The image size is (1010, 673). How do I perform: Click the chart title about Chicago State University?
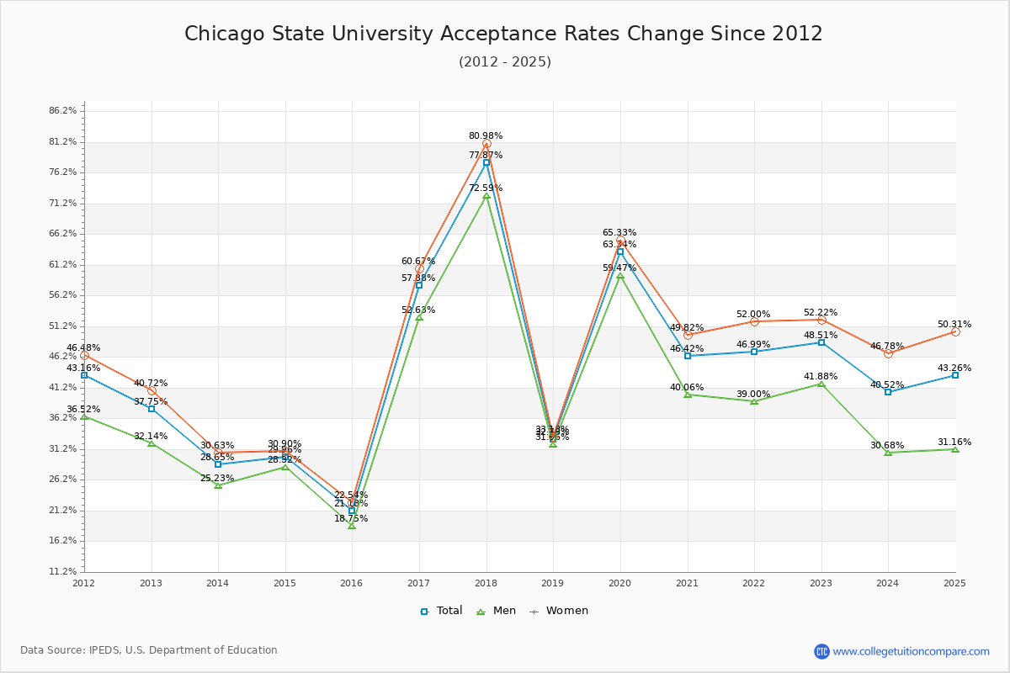pyautogui.click(x=503, y=34)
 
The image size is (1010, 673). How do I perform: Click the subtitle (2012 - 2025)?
pyautogui.click(x=504, y=62)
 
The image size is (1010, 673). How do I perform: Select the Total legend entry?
pyautogui.click(x=442, y=611)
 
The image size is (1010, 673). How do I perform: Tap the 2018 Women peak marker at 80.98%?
pyautogui.click(x=486, y=144)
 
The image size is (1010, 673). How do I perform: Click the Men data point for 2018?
pyautogui.click(x=486, y=196)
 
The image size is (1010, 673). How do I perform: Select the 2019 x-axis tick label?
pyautogui.click(x=553, y=583)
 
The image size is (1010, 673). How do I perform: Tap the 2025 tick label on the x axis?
pyautogui.click(x=954, y=583)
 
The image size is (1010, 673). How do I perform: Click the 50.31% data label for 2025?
pyautogui.click(x=954, y=324)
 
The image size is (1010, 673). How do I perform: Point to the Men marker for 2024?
pyautogui.click(x=888, y=453)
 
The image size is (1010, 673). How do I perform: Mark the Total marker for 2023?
pyautogui.click(x=821, y=342)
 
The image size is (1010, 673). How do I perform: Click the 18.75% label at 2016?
pyautogui.click(x=351, y=518)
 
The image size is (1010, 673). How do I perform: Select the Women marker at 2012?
pyautogui.click(x=84, y=355)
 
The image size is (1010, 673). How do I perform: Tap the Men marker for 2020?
pyautogui.click(x=620, y=276)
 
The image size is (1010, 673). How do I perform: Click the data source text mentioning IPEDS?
pyautogui.click(x=149, y=650)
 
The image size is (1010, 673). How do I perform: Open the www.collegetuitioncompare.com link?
pyautogui.click(x=911, y=651)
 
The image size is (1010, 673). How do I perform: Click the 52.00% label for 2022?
pyautogui.click(x=753, y=314)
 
